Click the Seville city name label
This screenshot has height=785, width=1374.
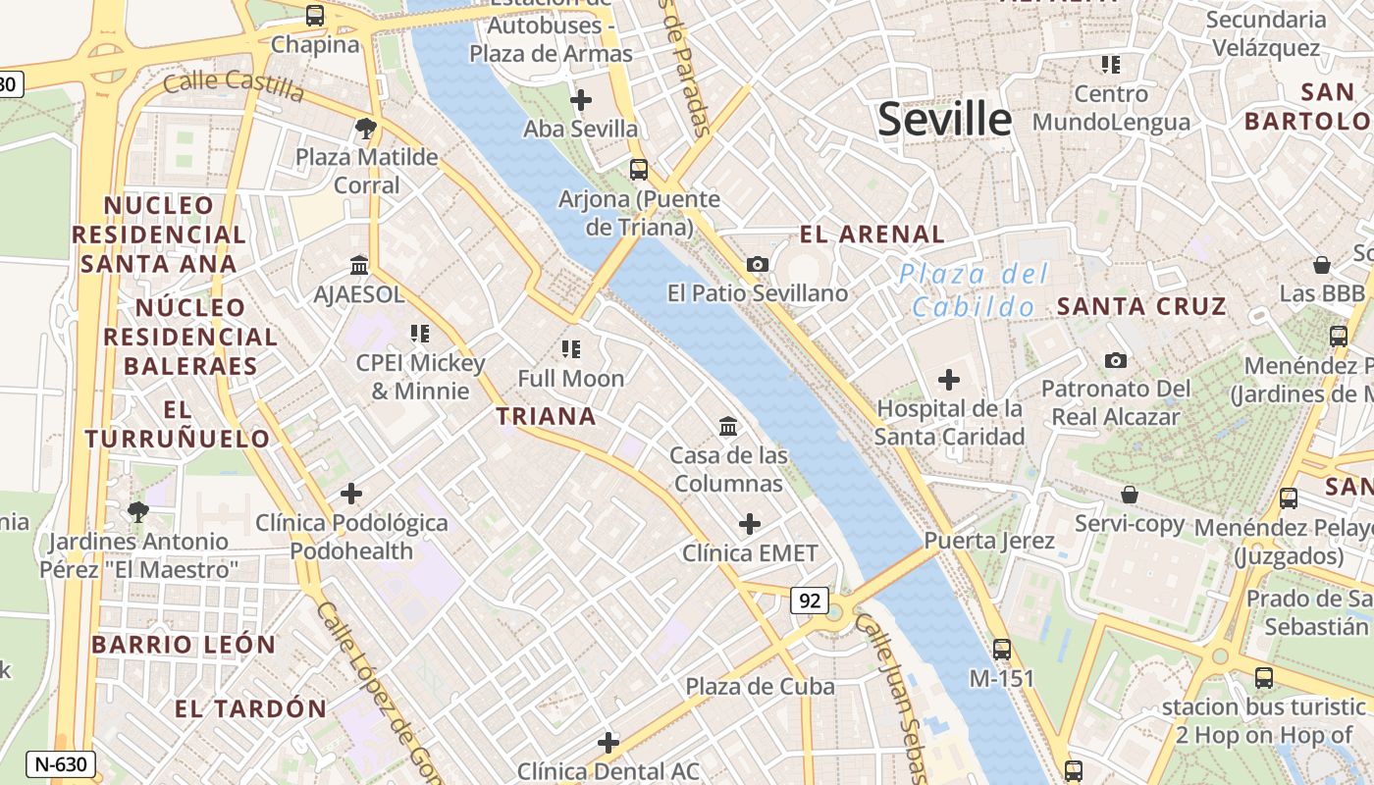(944, 120)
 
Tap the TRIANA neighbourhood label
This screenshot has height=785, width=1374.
(547, 416)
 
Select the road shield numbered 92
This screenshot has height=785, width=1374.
(810, 601)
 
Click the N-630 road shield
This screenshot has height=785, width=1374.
(61, 764)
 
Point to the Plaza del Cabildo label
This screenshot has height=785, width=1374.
(975, 290)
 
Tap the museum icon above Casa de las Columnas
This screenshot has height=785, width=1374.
(728, 427)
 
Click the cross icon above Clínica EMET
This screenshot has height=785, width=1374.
(750, 524)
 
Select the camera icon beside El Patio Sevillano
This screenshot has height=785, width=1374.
(758, 264)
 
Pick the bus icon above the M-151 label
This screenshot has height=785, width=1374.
(1001, 649)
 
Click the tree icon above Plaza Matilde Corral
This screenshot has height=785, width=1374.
(366, 128)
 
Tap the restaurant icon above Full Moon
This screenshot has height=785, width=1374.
(571, 348)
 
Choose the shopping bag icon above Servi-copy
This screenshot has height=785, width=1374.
(1130, 495)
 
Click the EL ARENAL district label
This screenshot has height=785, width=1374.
(872, 235)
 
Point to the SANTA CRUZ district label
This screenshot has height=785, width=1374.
(1141, 306)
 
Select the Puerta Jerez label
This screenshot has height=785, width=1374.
(989, 541)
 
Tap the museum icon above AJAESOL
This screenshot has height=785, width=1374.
(358, 265)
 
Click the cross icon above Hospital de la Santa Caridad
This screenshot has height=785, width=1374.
(949, 379)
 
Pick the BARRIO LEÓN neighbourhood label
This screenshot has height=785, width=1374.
(184, 645)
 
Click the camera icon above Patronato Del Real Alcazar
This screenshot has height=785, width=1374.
(1115, 360)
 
